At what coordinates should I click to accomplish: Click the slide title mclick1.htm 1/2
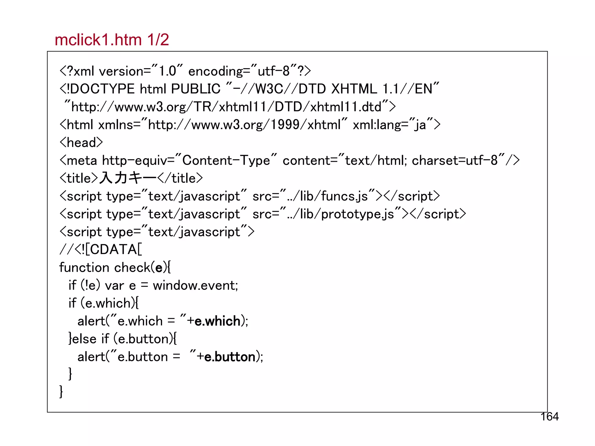click(x=112, y=40)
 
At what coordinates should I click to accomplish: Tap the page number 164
click(x=549, y=417)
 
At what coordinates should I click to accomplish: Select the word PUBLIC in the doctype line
click(x=196, y=89)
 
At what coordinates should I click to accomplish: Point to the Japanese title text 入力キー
click(x=128, y=178)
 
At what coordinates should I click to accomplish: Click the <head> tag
click(x=81, y=143)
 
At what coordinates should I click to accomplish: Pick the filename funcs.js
click(x=345, y=196)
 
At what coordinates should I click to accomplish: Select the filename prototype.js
click(x=358, y=214)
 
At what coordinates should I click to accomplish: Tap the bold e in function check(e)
click(x=159, y=268)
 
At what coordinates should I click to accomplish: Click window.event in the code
click(x=195, y=285)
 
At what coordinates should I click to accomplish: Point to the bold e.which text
click(x=217, y=321)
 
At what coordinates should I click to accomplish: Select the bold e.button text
click(x=230, y=357)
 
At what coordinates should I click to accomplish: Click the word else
click(x=84, y=339)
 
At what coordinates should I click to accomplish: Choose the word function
click(x=84, y=267)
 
